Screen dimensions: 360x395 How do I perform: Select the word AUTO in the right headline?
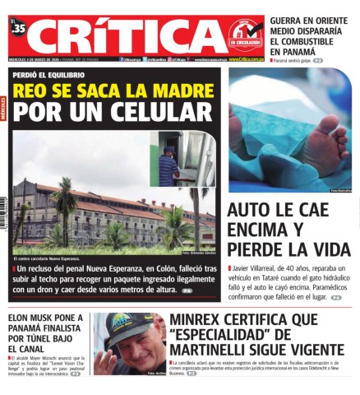pos(249,209)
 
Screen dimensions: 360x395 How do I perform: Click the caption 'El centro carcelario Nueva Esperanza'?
pos(48,258)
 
